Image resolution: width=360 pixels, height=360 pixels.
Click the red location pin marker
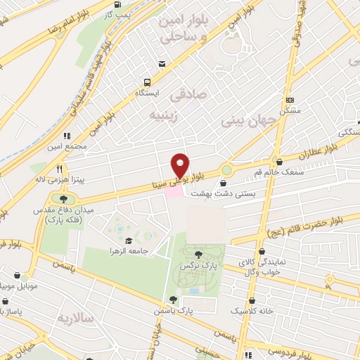181,165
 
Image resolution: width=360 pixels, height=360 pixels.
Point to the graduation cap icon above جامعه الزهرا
129,240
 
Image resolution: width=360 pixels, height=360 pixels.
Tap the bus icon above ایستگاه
147,82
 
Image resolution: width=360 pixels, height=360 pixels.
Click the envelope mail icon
162,65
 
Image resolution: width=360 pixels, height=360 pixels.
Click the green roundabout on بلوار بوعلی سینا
226,169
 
